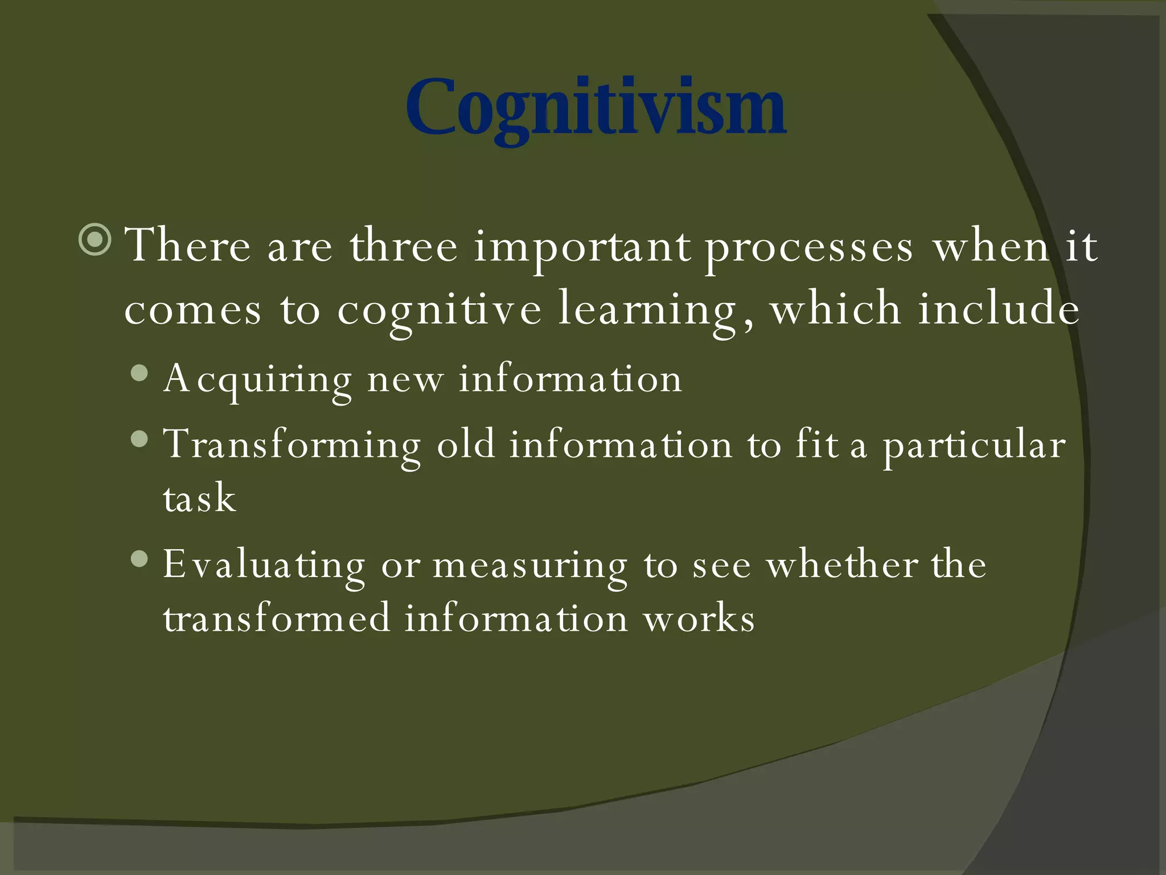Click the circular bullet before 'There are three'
click(95, 240)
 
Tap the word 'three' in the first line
click(404, 246)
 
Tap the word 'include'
click(999, 309)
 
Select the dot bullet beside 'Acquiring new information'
click(139, 374)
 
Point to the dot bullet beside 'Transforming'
click(139, 439)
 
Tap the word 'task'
click(199, 498)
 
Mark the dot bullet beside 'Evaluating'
click(139, 559)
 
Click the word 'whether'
click(842, 565)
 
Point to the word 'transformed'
click(277, 618)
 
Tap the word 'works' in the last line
click(699, 619)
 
